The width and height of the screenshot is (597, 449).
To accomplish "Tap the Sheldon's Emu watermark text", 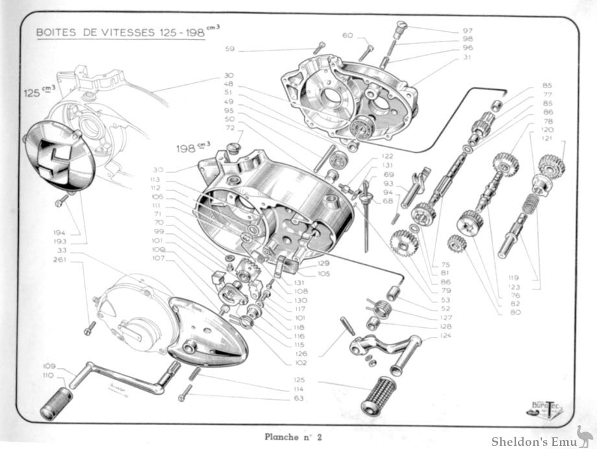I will (x=531, y=441).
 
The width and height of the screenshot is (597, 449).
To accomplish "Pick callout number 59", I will (x=230, y=49).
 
